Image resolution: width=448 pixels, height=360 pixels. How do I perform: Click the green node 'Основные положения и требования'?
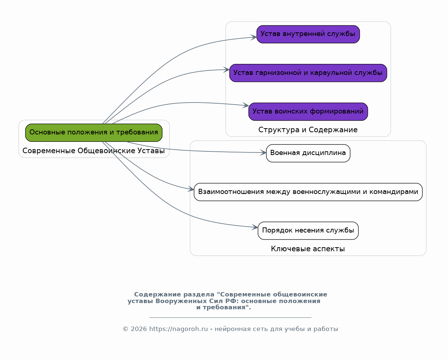[x=94, y=133]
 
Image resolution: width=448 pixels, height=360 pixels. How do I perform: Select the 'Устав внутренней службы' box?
[x=308, y=34]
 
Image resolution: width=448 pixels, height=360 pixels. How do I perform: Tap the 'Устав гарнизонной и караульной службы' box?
[x=308, y=73]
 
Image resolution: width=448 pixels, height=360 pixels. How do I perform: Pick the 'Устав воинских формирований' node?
[x=308, y=112]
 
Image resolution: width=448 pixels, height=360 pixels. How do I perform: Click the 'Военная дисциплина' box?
[x=308, y=153]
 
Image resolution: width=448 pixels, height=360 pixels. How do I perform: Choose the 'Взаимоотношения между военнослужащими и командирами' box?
[x=308, y=192]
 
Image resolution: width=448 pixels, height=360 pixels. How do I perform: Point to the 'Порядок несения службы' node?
[x=308, y=231]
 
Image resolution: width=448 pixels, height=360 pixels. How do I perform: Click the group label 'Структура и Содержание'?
[x=308, y=130]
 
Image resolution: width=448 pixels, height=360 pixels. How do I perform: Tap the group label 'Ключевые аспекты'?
[x=308, y=249]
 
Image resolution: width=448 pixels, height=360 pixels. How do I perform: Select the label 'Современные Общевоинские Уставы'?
[x=94, y=151]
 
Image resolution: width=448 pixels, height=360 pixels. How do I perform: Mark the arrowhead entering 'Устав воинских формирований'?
[x=246, y=106]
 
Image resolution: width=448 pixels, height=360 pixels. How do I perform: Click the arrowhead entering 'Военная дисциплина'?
[x=264, y=152]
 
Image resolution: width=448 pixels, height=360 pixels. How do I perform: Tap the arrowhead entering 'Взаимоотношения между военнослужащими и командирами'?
[x=191, y=190]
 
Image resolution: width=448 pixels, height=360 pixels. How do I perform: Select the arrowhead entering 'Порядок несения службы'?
[x=255, y=228]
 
